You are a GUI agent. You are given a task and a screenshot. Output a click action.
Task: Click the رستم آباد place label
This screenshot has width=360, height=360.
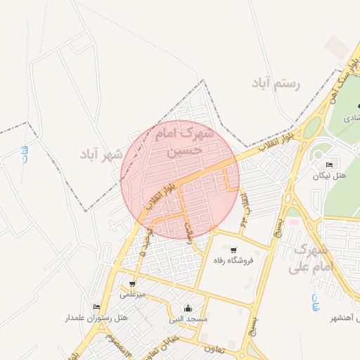click(x=276, y=84)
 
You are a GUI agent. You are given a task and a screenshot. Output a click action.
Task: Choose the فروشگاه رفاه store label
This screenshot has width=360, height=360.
click(x=233, y=260)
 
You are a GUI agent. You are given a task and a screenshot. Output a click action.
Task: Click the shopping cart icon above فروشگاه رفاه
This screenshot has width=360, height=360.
click(x=233, y=249)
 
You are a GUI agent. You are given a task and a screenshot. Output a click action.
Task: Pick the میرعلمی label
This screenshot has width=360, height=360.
click(x=131, y=295)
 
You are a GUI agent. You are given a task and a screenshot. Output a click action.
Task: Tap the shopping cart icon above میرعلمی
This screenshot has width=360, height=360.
click(x=132, y=283)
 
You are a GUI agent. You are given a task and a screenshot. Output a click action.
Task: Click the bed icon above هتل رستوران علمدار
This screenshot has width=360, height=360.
click(x=96, y=307)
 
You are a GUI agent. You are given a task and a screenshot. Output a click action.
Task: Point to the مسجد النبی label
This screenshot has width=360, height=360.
click(x=188, y=319)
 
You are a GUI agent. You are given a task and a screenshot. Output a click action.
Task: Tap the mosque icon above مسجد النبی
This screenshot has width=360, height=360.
click(x=188, y=308)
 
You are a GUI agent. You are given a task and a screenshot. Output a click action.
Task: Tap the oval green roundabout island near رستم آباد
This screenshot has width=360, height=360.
click(x=311, y=128)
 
